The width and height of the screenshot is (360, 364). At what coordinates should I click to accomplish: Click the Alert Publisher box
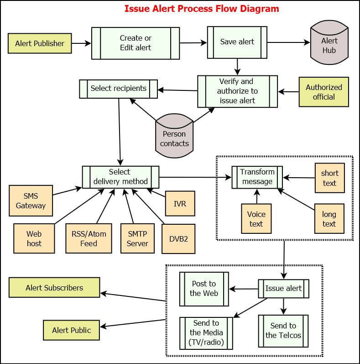click(x=40, y=43)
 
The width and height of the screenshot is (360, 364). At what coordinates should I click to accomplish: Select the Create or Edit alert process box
click(x=136, y=43)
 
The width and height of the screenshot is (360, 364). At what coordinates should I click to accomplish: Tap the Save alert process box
click(x=237, y=42)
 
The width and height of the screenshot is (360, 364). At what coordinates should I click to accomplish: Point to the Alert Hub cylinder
click(x=329, y=44)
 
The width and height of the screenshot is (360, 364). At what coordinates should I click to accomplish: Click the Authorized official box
click(x=324, y=92)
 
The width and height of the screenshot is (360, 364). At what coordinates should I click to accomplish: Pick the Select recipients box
click(x=118, y=88)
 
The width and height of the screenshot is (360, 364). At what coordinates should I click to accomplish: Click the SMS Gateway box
click(x=31, y=201)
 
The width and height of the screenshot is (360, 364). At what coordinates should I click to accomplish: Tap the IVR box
click(x=180, y=203)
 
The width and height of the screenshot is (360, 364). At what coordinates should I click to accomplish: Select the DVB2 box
click(x=178, y=238)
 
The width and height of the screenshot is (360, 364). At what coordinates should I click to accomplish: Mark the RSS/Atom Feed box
click(x=89, y=238)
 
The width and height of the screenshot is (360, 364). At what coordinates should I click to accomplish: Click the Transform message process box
click(x=257, y=177)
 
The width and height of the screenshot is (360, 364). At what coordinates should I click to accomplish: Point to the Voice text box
click(x=256, y=219)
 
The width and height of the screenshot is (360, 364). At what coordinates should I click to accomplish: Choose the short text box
click(x=329, y=178)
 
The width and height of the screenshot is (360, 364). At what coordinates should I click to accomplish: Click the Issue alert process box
click(x=283, y=289)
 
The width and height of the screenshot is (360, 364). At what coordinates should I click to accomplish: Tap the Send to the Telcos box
click(x=283, y=331)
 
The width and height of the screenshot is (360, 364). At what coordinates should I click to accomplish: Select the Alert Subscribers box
click(x=54, y=288)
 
